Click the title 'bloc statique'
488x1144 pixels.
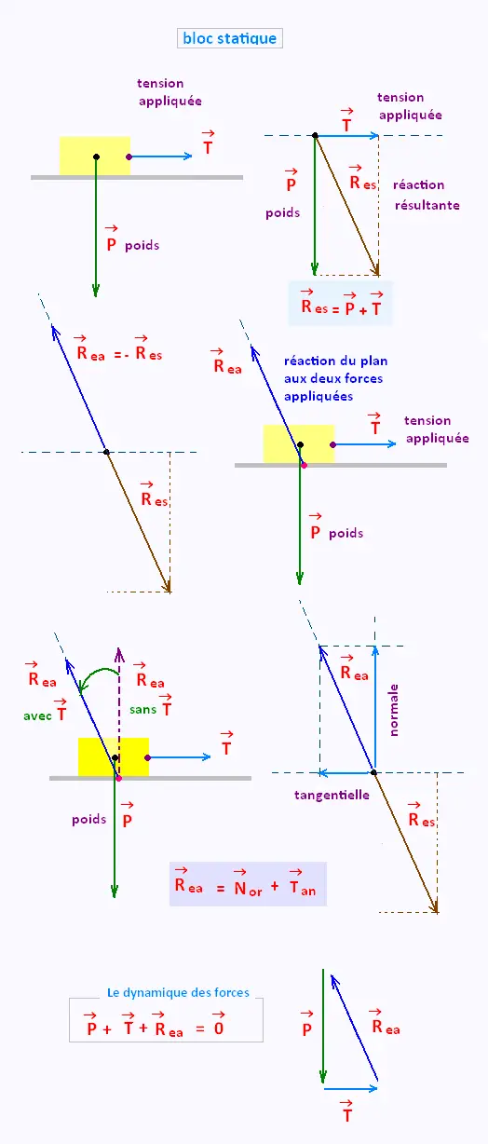[x=230, y=38]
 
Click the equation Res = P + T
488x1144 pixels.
[x=341, y=303]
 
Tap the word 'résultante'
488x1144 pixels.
[x=427, y=205]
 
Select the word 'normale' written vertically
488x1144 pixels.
[x=393, y=710]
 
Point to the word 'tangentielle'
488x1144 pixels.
[x=332, y=795]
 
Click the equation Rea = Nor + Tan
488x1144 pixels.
[x=245, y=882]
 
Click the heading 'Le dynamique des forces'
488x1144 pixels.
[x=178, y=992]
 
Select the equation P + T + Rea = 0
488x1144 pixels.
[x=156, y=1025]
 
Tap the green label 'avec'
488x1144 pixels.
[x=37, y=716]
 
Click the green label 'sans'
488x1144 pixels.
[x=142, y=710]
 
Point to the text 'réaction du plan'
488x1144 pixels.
[x=335, y=361]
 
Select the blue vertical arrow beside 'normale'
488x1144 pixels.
[x=375, y=709]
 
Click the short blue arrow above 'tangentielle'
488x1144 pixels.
[x=346, y=773]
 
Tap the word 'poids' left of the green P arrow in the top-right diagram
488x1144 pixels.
[x=282, y=213]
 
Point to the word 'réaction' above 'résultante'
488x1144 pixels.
[x=418, y=184]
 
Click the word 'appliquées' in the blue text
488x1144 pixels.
[x=319, y=397]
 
